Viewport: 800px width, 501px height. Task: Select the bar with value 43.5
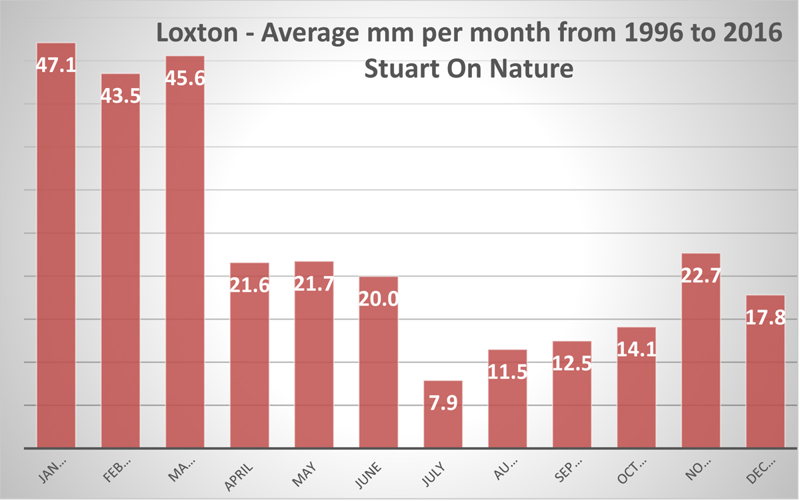click(120, 267)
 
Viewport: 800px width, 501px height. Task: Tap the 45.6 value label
click(185, 78)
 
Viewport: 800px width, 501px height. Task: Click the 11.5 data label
click(507, 372)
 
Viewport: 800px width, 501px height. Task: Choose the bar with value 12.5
click(572, 400)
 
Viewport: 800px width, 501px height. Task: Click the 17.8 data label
click(765, 317)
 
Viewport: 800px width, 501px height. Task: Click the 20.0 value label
click(379, 298)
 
